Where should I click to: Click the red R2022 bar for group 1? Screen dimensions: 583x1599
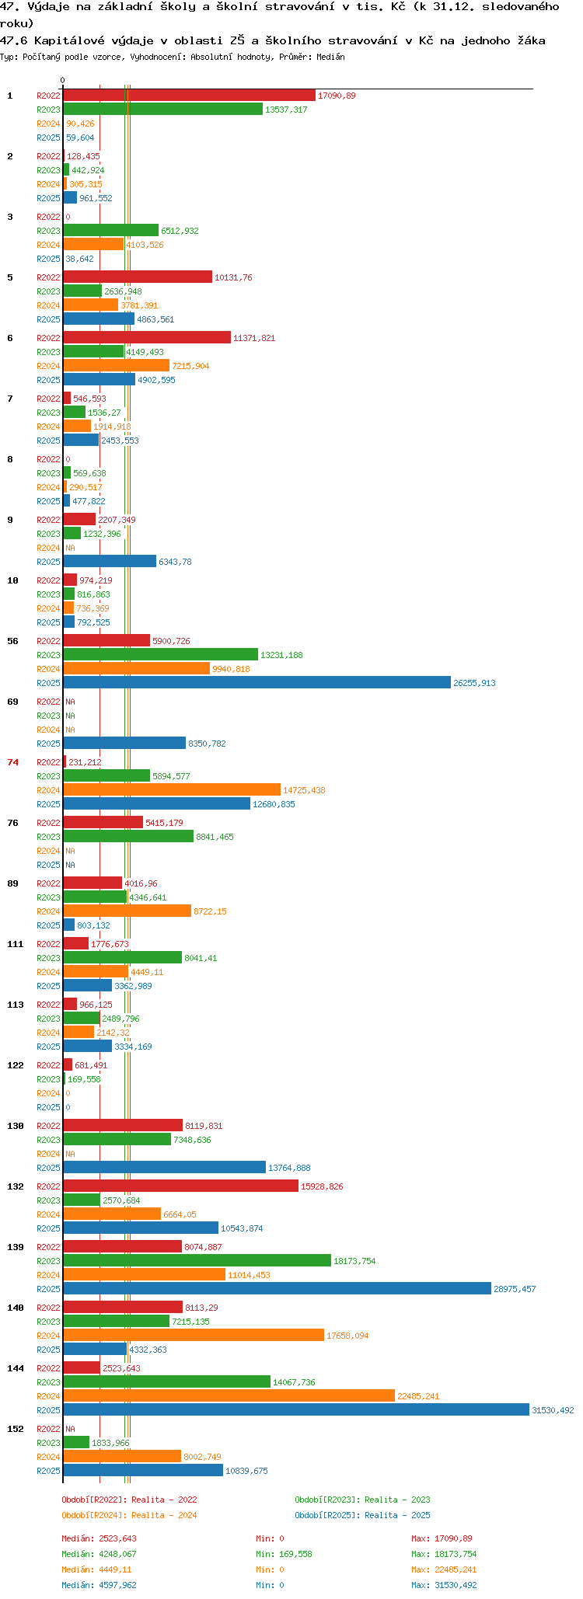190,96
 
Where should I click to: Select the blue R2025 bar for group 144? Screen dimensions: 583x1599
296,1410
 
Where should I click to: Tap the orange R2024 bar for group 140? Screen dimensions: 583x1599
194,1336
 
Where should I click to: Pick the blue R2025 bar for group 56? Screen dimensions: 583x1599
257,683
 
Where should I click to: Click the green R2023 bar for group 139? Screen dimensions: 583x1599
197,1261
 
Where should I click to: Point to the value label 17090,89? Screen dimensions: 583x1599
337,96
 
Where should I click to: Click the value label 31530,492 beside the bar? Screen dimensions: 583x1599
553,1410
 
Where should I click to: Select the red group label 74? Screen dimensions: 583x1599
12,762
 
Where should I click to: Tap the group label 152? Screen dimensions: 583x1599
16,1429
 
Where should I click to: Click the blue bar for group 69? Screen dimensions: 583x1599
124,744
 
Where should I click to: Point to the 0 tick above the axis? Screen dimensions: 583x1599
63,80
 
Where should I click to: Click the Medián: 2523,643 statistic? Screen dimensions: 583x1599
99,1538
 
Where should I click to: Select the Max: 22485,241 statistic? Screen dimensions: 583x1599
444,1569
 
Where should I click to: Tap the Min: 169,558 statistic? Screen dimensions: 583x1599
284,1554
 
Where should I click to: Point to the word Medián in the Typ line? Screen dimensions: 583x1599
330,57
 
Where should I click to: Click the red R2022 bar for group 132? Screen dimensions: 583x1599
181,1186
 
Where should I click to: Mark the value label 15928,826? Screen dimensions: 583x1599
322,1186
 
